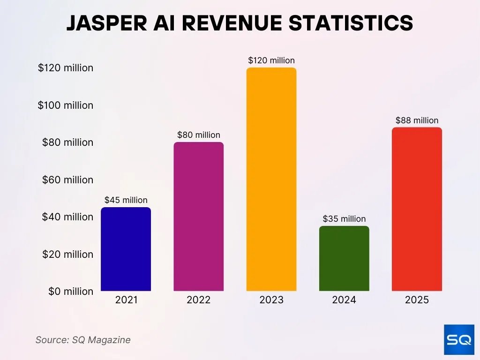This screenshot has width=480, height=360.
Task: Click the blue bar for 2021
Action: [x=126, y=249]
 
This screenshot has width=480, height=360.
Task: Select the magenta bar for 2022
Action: [x=198, y=217]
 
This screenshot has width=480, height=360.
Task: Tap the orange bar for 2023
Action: [x=271, y=180]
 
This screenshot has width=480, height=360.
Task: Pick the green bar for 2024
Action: [x=344, y=259]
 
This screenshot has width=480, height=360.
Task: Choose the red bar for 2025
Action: [x=417, y=209]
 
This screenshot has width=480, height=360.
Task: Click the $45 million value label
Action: [x=126, y=200]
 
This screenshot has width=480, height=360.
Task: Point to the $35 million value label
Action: [x=344, y=219]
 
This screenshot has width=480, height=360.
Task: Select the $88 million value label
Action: [x=417, y=120]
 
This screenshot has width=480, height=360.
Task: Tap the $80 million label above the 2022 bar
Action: [x=198, y=135]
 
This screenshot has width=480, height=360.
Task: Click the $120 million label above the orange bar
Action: [x=271, y=60]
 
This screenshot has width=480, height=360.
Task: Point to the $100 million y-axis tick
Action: [x=66, y=105]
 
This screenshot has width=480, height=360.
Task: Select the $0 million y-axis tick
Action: [x=71, y=291]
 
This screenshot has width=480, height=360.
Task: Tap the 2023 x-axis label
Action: [x=271, y=300]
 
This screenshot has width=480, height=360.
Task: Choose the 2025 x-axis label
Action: [x=417, y=300]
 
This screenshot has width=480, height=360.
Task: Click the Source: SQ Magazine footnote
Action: [x=83, y=340]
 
